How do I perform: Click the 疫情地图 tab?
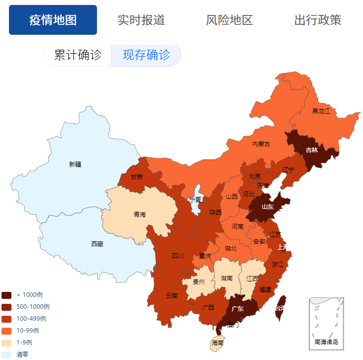click(53, 20)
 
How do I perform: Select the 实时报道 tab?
click(141, 20)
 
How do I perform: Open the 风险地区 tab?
click(229, 20)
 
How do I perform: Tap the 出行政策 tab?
click(318, 20)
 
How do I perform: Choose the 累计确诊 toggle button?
click(78, 55)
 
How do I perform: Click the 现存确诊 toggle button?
click(146, 55)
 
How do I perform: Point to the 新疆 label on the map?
click(75, 164)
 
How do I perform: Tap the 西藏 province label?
click(97, 244)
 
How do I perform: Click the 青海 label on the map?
click(140, 214)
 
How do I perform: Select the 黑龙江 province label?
click(321, 111)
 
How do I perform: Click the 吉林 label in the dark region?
click(312, 150)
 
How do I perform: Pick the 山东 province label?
click(268, 207)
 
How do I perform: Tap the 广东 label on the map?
click(238, 308)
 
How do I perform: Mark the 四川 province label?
click(178, 256)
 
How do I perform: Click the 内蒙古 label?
click(261, 144)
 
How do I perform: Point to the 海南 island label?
click(217, 343)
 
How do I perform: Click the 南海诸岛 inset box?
click(326, 323)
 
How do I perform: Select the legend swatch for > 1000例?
click(6, 295)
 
